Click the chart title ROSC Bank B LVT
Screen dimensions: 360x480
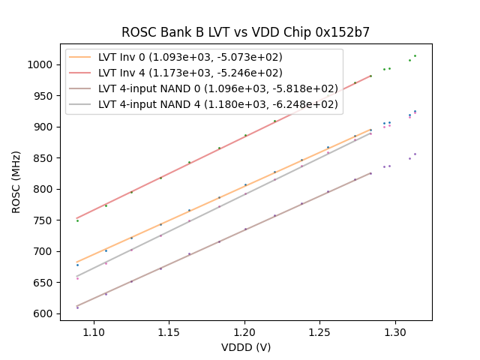click(245, 32)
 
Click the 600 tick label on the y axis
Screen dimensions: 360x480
click(46, 313)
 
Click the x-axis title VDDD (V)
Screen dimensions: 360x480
click(246, 347)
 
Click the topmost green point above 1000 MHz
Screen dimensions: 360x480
click(415, 55)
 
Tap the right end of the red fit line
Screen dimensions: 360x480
click(370, 75)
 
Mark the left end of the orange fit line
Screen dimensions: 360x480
click(77, 262)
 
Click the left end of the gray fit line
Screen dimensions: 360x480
click(77, 276)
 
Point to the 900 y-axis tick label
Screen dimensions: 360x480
click(46, 127)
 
